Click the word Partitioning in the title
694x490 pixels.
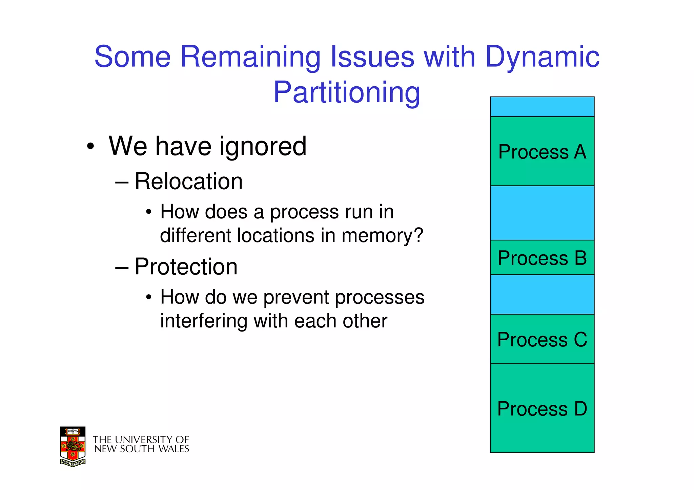(x=347, y=92)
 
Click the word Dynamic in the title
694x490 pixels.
(x=542, y=57)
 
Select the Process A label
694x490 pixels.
(x=542, y=152)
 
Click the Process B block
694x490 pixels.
(x=542, y=258)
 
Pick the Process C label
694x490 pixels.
(x=542, y=339)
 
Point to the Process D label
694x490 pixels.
(x=542, y=409)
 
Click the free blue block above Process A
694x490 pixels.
(x=542, y=107)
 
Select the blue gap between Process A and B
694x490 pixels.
(x=542, y=213)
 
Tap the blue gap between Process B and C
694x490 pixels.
(x=542, y=294)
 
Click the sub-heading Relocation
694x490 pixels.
(x=188, y=182)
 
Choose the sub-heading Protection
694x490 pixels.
(x=186, y=267)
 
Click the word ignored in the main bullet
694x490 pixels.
(x=263, y=147)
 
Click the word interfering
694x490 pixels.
(x=203, y=321)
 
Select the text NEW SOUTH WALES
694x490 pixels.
(x=142, y=449)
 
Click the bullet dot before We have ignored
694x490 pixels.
(x=90, y=147)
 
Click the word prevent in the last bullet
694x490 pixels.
(x=296, y=297)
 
